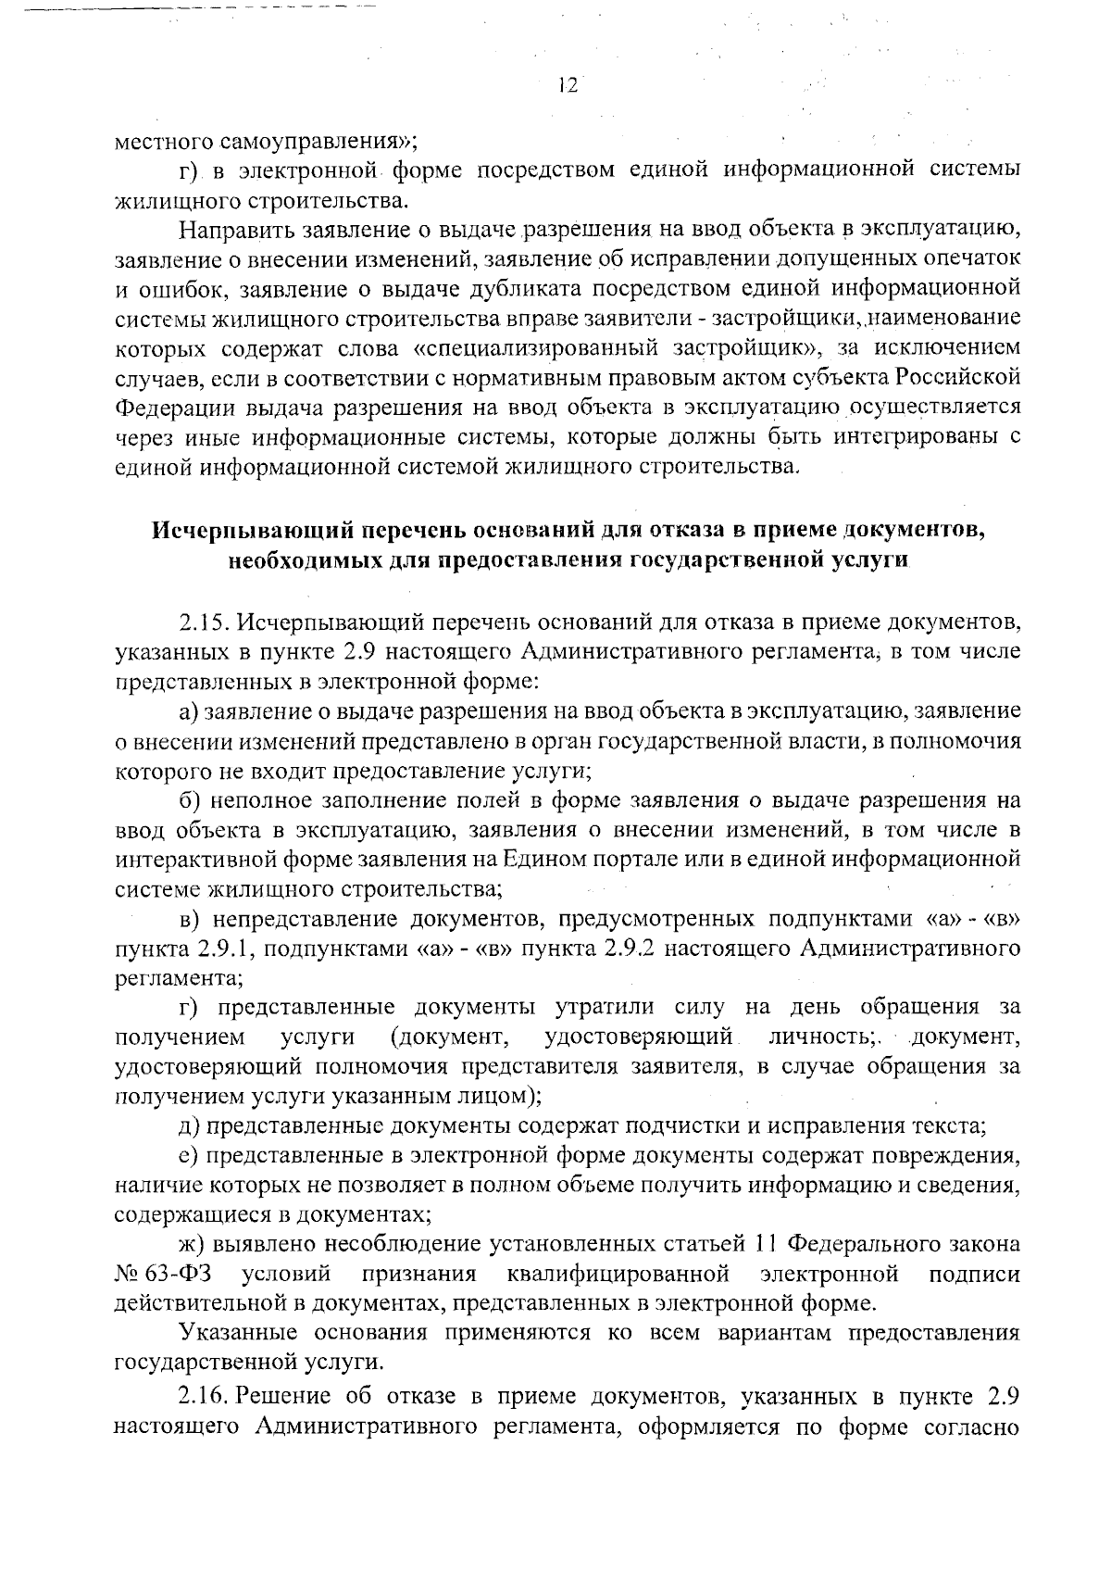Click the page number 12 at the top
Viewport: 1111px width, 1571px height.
[568, 85]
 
